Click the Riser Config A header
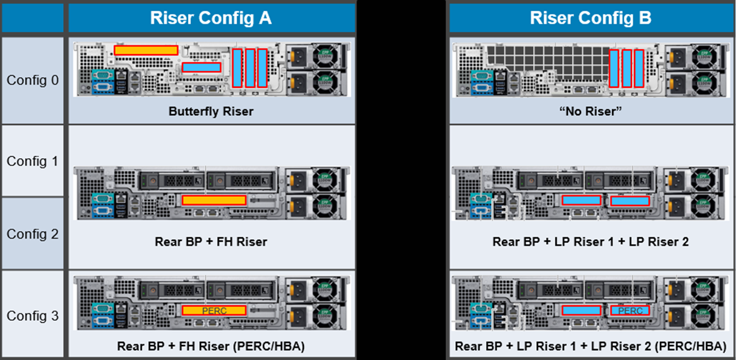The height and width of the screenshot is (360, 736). pos(211,17)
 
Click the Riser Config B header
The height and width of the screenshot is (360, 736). pos(590,17)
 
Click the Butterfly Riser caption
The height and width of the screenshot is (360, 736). pos(210,113)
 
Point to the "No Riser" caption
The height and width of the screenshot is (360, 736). pos(590,113)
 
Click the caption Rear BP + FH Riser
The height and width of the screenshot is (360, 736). pos(210,242)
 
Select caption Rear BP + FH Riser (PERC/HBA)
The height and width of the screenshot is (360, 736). pos(210,346)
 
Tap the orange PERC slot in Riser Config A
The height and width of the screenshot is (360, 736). pos(214,310)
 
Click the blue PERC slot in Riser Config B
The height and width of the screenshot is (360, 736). pos(630,310)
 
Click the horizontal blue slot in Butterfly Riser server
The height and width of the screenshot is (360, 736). pos(202,67)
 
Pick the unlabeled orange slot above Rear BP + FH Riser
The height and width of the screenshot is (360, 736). pos(214,200)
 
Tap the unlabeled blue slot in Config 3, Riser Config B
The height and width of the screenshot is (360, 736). pos(581,310)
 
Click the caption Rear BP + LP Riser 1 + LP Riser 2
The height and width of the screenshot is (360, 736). pos(590,242)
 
